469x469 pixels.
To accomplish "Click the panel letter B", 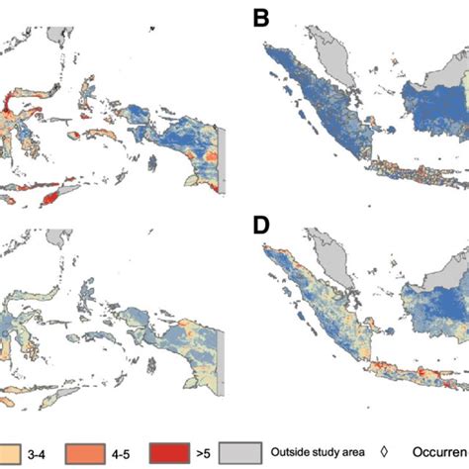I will (x=262, y=19).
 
